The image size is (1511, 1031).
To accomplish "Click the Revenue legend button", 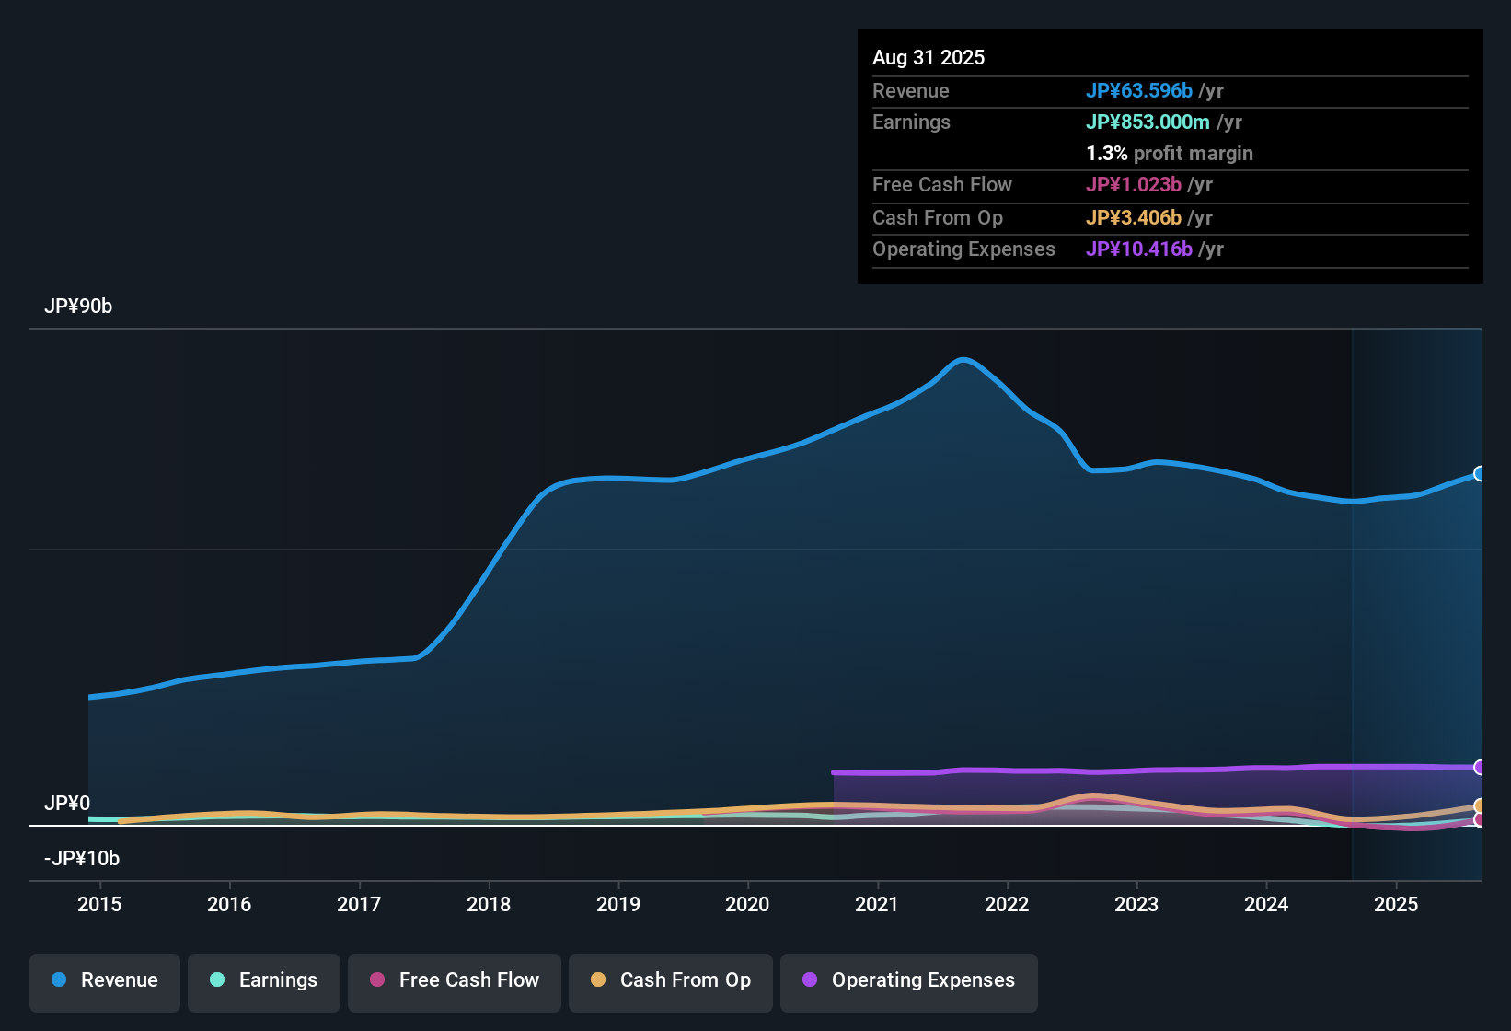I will pos(105,980).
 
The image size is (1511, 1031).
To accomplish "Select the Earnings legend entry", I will pos(264,980).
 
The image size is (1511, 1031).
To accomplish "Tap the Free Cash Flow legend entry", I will pos(455,980).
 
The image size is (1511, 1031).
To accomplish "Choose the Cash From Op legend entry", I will pos(671,980).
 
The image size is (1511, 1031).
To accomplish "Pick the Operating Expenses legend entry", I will pos(909,980).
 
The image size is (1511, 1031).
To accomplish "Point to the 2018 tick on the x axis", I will pos(489,904).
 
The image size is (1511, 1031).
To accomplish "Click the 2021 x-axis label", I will pos(877,904).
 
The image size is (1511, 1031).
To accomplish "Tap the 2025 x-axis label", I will pos(1396,904).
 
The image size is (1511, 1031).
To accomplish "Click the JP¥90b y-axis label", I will pos(78,307).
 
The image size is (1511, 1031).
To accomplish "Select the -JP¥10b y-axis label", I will pos(82,859).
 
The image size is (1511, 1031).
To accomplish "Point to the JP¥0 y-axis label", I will pos(67,804).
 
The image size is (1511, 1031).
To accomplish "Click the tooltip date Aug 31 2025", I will pos(929,58).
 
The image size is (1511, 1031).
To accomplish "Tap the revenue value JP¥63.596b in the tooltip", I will pos(1139,91).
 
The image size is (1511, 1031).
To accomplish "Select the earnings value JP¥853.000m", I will pos(1148,122).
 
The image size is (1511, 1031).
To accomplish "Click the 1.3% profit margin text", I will pos(1170,154).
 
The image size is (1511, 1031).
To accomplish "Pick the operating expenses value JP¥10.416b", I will pos(1139,249).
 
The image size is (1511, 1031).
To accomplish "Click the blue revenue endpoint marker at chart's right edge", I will pos(1479,474).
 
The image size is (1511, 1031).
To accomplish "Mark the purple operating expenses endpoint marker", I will pos(1479,768).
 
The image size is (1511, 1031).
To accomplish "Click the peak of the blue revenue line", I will pos(963,360).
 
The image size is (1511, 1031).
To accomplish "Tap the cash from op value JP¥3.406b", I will pos(1134,218).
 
